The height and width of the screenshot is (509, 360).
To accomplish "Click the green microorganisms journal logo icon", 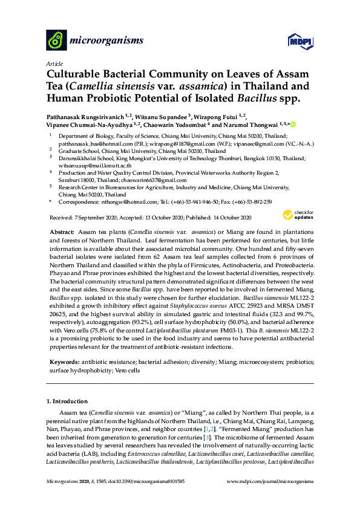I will pyautogui.click(x=56, y=41).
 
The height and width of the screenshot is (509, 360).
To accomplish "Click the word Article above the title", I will pyautogui.click(x=53, y=63).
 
